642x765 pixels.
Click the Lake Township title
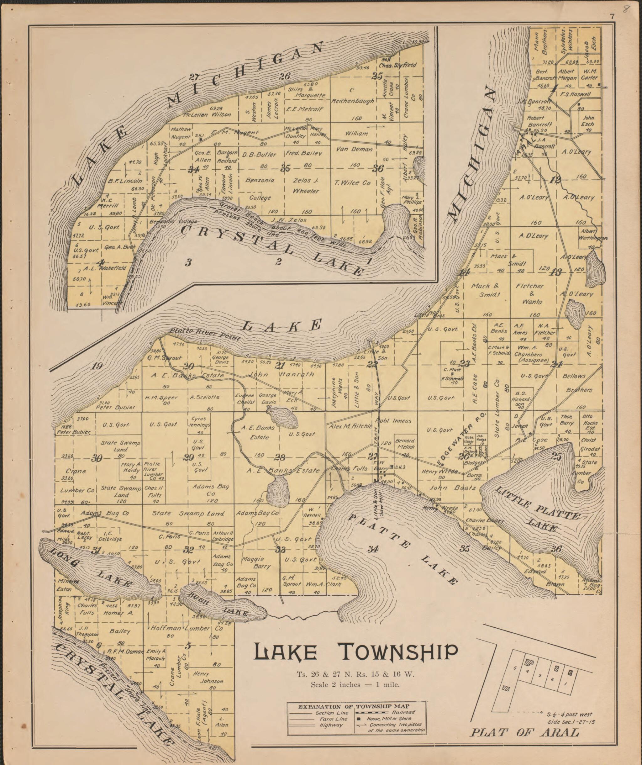355,652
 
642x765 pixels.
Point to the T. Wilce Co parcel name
351,183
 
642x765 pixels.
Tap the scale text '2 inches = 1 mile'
355,684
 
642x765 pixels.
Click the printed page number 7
613,16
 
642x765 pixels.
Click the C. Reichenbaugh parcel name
352,95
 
